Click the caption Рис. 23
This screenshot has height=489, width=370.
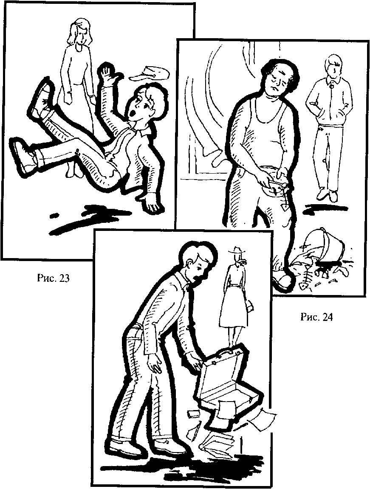tap(53, 278)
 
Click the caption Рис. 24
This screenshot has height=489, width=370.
tap(316, 317)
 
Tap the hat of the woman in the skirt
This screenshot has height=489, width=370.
tap(237, 250)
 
